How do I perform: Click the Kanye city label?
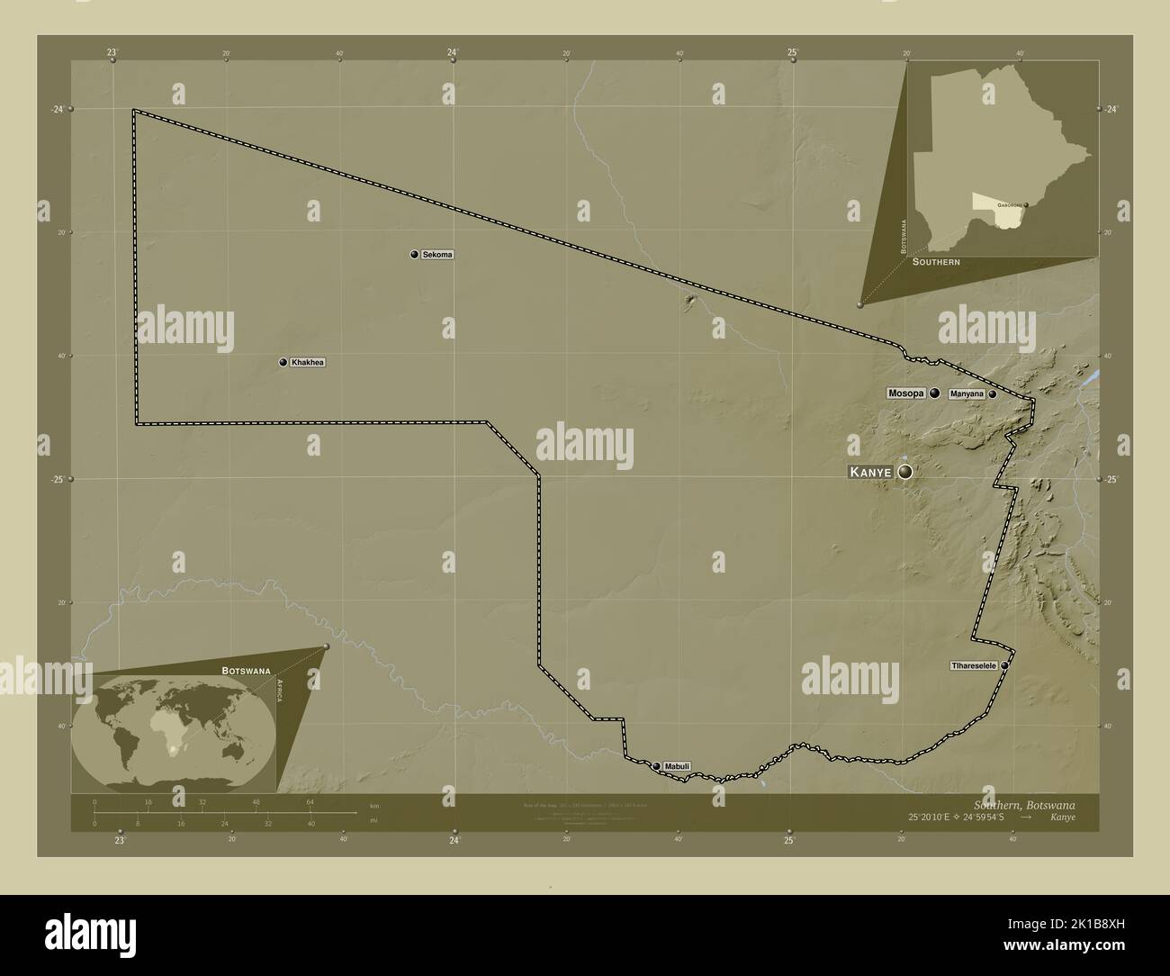(870, 472)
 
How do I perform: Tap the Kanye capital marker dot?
(904, 472)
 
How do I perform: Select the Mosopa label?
(905, 393)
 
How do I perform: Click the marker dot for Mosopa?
(935, 393)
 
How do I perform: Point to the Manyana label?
(966, 394)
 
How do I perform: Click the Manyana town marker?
(992, 394)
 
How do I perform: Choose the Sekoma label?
(437, 255)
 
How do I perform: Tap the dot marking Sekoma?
(414, 255)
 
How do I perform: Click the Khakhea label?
(307, 363)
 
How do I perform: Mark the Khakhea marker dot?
(283, 363)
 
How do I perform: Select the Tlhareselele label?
(973, 665)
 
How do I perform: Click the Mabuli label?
(678, 766)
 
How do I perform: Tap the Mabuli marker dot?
(656, 766)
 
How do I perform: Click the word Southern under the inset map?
(936, 261)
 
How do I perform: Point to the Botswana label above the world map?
(247, 671)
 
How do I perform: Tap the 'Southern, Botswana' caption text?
(1024, 803)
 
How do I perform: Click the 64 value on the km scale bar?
(310, 802)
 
